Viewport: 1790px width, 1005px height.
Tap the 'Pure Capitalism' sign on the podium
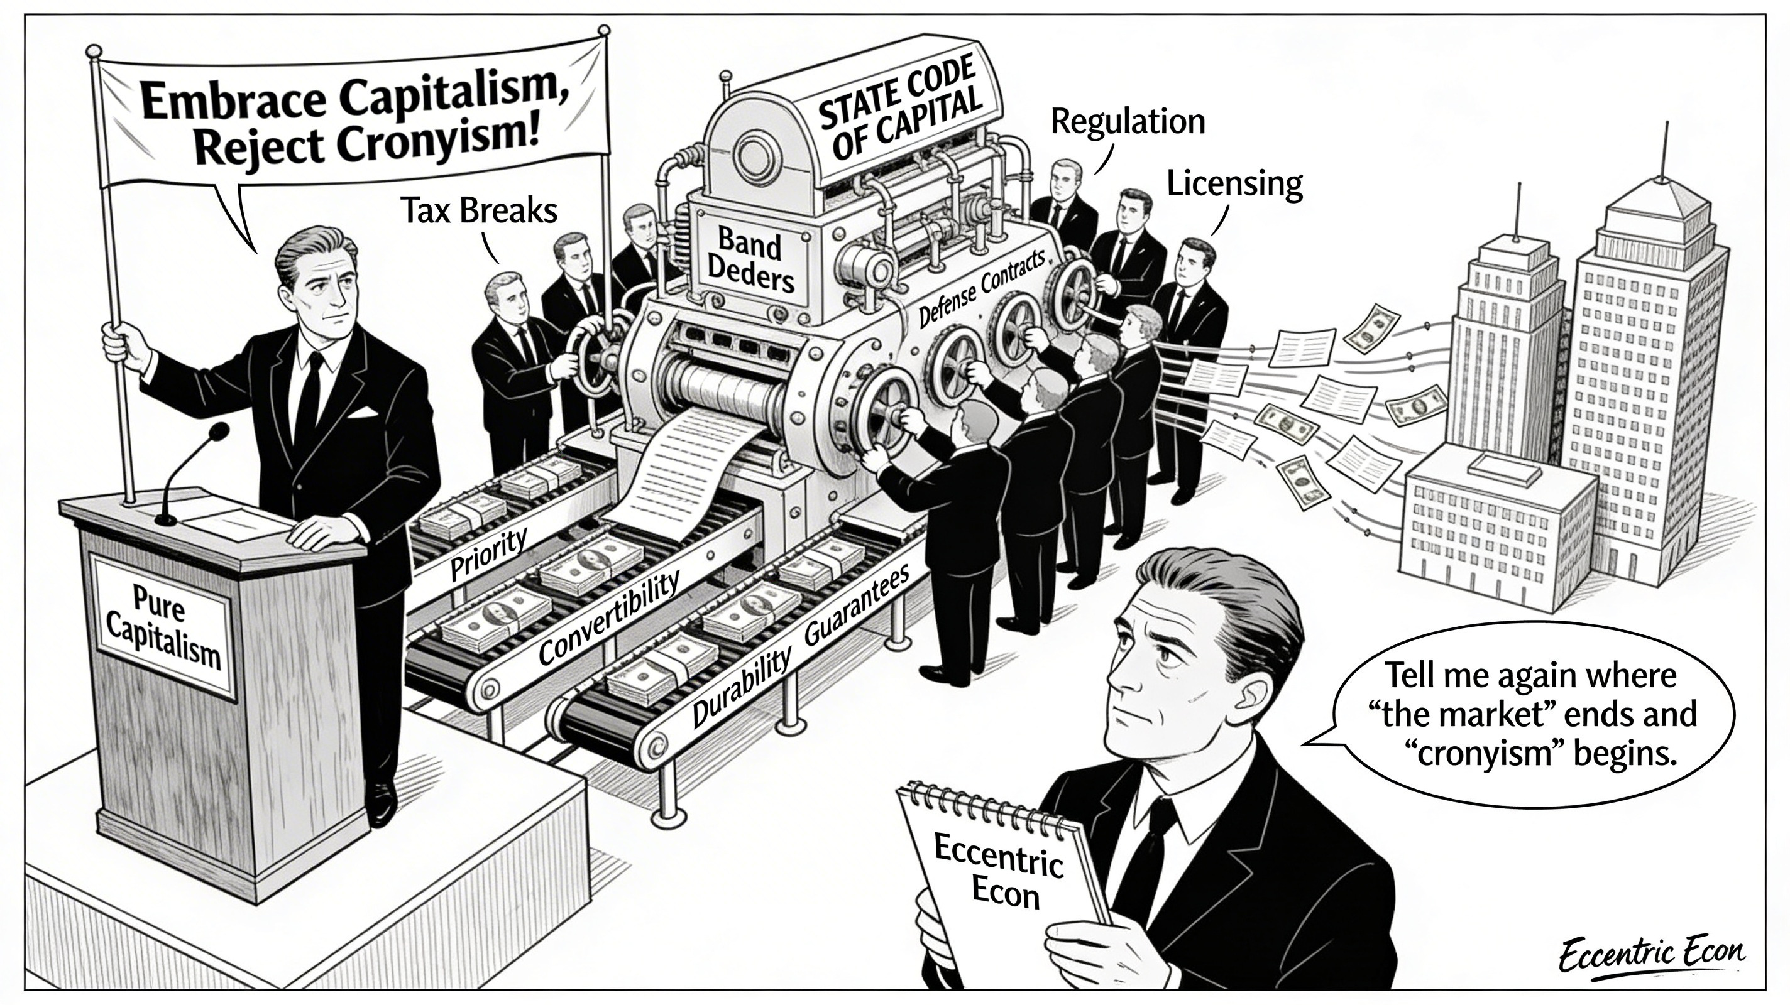tap(164, 627)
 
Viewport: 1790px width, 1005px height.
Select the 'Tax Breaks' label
tap(479, 210)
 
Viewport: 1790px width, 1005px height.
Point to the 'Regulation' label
tap(1127, 122)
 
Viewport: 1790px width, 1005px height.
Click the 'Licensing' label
tap(1234, 184)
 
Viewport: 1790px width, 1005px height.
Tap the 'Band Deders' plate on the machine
tap(750, 261)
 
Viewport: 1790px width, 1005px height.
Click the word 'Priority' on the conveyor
tap(488, 553)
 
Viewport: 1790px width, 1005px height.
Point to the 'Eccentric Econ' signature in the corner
tap(1651, 957)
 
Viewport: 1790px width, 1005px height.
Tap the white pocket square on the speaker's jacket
tap(363, 413)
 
